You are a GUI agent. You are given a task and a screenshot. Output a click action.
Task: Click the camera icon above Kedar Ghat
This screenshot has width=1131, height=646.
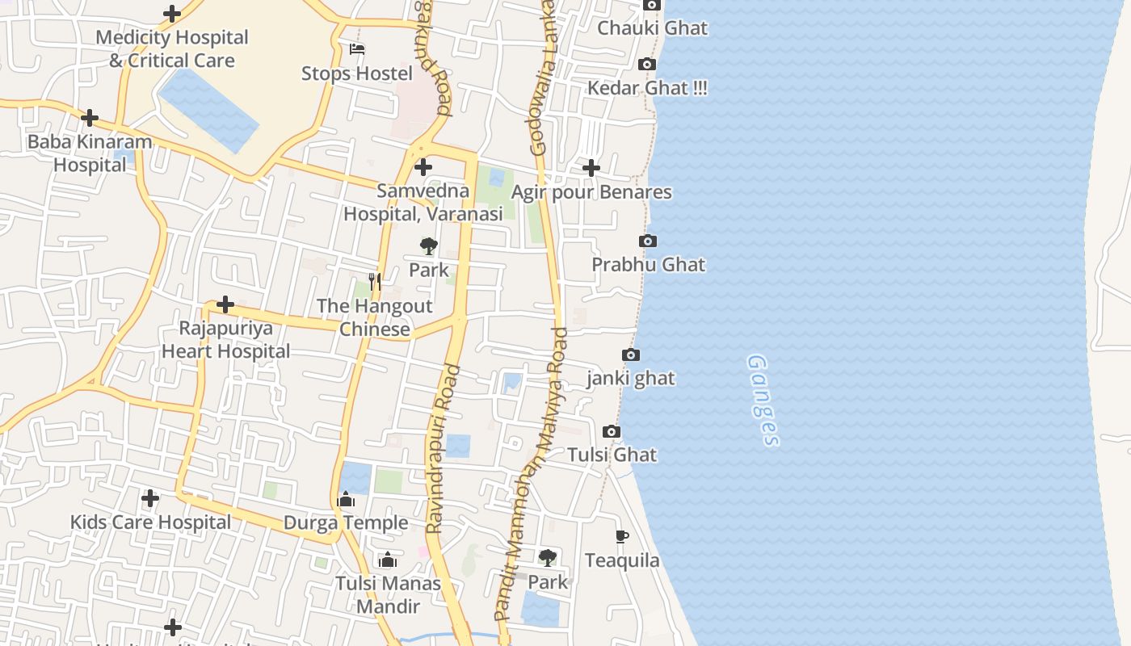646,65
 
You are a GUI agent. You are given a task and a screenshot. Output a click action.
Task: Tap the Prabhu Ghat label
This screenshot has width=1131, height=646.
648,265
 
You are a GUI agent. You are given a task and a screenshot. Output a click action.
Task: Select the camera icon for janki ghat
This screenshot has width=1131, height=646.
631,355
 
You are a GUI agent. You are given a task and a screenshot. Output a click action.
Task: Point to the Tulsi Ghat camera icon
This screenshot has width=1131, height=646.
612,432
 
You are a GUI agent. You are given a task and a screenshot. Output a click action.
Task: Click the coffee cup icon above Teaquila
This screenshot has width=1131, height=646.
621,537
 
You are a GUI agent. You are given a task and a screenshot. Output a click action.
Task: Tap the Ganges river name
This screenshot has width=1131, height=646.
763,400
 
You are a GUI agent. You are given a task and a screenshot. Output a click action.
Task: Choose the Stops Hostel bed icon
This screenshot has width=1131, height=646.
357,49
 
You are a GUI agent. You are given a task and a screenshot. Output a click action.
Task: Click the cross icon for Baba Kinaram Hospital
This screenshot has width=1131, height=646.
90,118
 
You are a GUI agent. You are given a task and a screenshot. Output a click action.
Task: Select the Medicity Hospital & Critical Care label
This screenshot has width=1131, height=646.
172,49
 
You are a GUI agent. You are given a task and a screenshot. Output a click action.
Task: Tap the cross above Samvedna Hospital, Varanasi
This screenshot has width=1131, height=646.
423,168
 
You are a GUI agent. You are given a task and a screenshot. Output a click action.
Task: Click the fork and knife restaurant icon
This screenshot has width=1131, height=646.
374,282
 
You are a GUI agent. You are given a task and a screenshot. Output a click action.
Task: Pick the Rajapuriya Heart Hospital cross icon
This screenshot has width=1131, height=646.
225,304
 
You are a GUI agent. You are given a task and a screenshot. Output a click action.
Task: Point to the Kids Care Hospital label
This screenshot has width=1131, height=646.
150,522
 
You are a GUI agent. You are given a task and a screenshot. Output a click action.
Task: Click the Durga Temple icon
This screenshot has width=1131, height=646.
346,500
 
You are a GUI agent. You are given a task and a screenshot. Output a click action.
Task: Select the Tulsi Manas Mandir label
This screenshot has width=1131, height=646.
389,595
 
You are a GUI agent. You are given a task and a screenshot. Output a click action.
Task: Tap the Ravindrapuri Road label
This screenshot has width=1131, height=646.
443,449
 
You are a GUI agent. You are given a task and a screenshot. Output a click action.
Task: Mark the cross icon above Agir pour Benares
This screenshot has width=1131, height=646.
591,168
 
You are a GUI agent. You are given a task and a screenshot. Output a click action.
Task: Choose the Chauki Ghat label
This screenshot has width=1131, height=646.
652,28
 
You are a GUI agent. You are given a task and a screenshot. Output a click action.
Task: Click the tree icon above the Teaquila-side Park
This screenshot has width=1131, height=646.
547,557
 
